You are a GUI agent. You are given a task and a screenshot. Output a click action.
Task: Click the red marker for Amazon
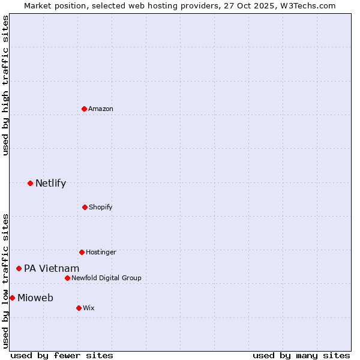pos(84,109)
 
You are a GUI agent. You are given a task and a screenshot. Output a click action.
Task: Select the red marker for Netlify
pos(30,183)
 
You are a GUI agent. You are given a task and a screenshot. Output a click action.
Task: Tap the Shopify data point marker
pos(85,207)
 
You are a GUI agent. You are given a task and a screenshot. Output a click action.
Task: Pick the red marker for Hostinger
pos(82,252)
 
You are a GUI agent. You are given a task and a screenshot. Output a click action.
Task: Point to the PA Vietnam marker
pos(19,268)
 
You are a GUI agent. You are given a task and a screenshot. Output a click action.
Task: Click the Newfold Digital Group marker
pos(67,278)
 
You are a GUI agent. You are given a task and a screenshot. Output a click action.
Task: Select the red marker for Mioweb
pos(12,298)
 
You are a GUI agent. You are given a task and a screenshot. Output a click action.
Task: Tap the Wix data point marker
pos(79,308)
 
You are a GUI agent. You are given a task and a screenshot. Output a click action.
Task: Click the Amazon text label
pos(101,109)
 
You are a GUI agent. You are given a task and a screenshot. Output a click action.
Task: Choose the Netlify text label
pos(50,183)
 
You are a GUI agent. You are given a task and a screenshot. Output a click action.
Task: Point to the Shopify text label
pos(101,207)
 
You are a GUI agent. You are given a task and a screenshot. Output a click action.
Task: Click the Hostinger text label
pos(101,252)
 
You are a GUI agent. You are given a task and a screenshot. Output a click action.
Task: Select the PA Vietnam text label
pos(52,268)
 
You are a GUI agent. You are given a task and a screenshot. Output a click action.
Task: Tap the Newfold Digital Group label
pos(106,278)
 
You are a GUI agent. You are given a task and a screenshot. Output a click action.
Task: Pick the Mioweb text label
pos(35,298)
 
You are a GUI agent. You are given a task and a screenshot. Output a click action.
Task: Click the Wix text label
pos(89,308)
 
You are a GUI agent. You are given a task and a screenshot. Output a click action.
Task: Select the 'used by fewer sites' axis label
pos(62,355)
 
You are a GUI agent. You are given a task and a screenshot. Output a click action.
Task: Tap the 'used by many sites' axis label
pos(301,355)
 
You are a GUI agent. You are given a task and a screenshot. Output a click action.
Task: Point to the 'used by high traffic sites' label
pos(5,85)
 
